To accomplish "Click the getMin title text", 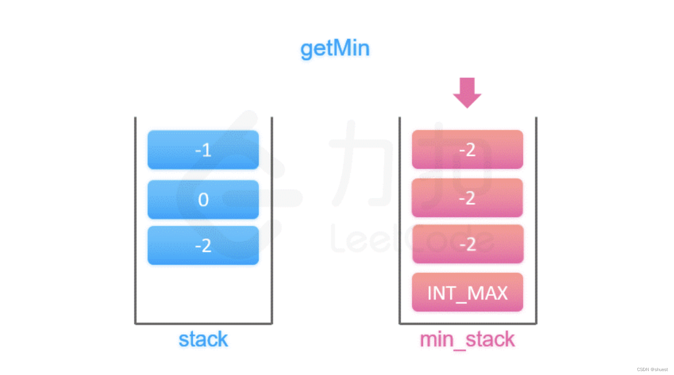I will [335, 49].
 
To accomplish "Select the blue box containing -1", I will [203, 150].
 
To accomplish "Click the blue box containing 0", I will [203, 199].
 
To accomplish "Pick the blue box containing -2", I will [203, 245].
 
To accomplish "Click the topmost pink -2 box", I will [467, 149].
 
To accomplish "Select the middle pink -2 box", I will [467, 198].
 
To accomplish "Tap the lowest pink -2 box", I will [468, 244].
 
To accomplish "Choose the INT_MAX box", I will [467, 293].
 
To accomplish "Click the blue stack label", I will [203, 340].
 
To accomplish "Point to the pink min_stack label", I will [467, 340].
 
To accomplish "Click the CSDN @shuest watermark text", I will [652, 369].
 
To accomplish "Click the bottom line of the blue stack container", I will [203, 323].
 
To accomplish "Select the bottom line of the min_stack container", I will [468, 323].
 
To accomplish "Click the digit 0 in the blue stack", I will [203, 199].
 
